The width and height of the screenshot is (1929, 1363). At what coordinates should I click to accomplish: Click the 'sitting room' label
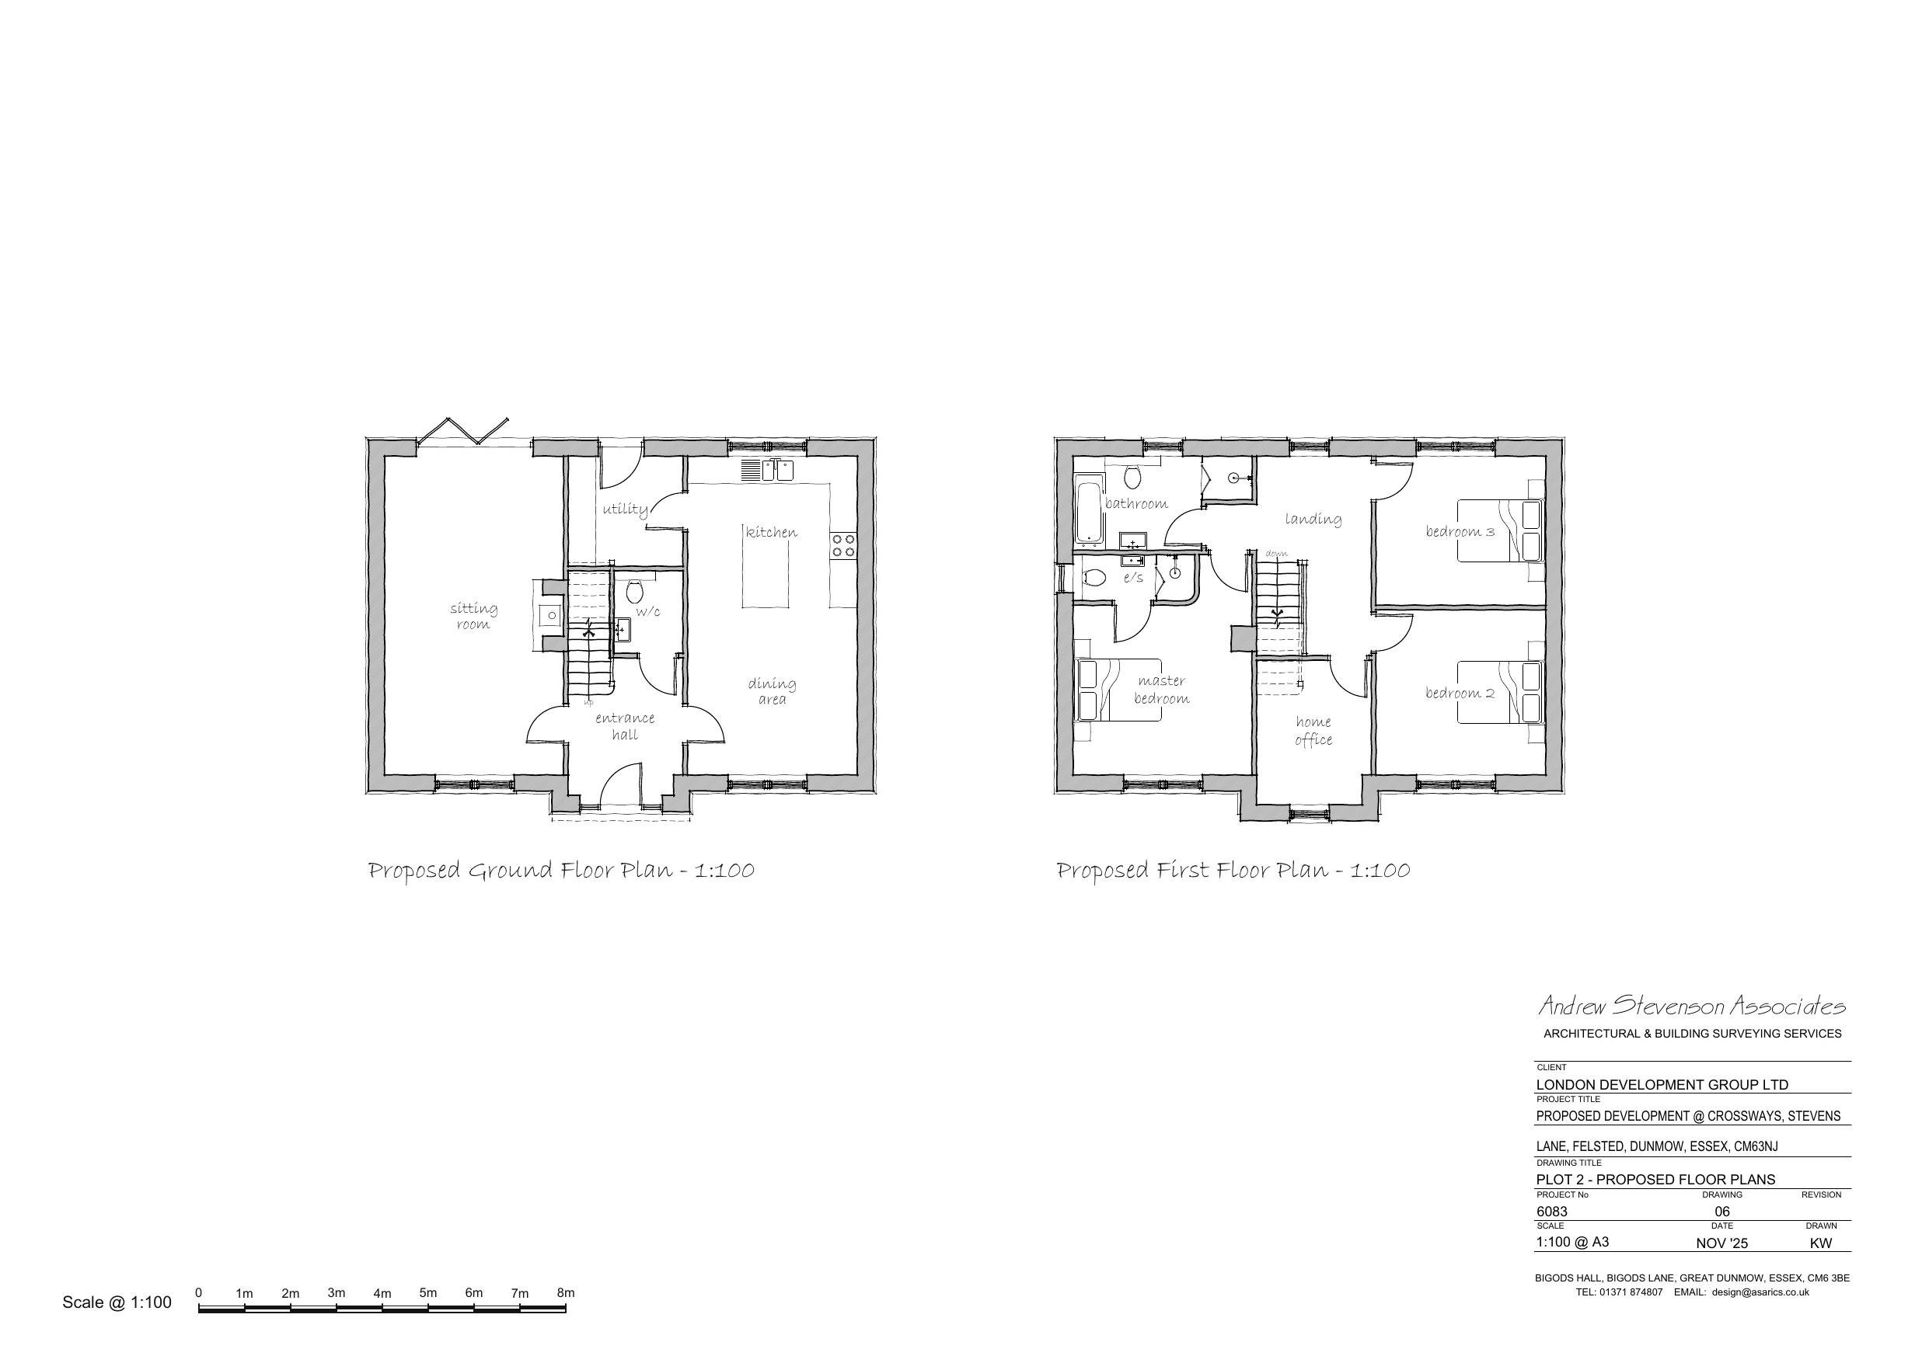tap(473, 616)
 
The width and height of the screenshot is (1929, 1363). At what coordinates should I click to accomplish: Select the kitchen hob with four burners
tap(842, 545)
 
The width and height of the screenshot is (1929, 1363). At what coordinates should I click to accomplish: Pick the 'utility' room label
tap(625, 509)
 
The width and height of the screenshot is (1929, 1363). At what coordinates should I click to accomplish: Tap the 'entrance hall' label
tap(624, 726)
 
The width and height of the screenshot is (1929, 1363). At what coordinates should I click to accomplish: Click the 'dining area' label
tap(772, 691)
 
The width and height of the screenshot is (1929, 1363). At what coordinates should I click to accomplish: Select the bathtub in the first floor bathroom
tap(1086, 508)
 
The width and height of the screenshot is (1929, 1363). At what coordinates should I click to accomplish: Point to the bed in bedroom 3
tap(1501, 530)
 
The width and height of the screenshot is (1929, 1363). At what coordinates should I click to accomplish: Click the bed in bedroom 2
tap(1501, 692)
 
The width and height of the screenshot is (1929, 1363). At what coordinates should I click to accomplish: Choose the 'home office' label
tap(1313, 731)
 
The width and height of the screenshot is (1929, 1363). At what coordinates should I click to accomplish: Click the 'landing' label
tap(1313, 519)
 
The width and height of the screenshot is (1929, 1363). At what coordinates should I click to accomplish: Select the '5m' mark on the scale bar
tap(427, 1292)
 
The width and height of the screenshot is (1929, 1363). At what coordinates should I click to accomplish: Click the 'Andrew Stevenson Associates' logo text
tap(1692, 1005)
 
